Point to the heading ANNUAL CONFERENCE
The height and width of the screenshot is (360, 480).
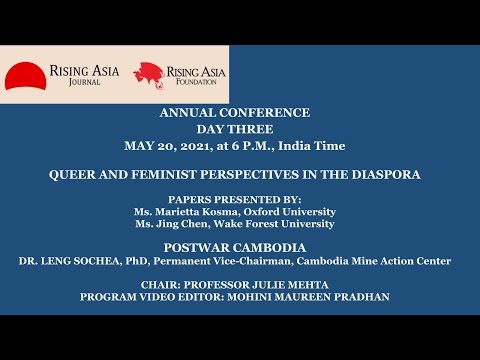240,112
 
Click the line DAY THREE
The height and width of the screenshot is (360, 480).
240,128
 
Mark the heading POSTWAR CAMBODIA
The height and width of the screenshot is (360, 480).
240,245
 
